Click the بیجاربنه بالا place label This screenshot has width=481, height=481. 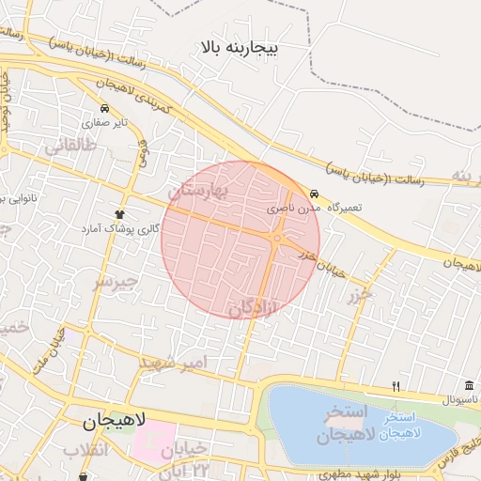239,46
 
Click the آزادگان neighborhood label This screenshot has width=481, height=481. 253,306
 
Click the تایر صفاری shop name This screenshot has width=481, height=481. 104,122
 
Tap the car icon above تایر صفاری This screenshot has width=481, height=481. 104,108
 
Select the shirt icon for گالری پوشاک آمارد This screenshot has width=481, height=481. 119,214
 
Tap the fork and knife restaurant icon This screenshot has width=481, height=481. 396,386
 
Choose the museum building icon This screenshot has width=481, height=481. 468,386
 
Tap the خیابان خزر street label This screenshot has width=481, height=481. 322,263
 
